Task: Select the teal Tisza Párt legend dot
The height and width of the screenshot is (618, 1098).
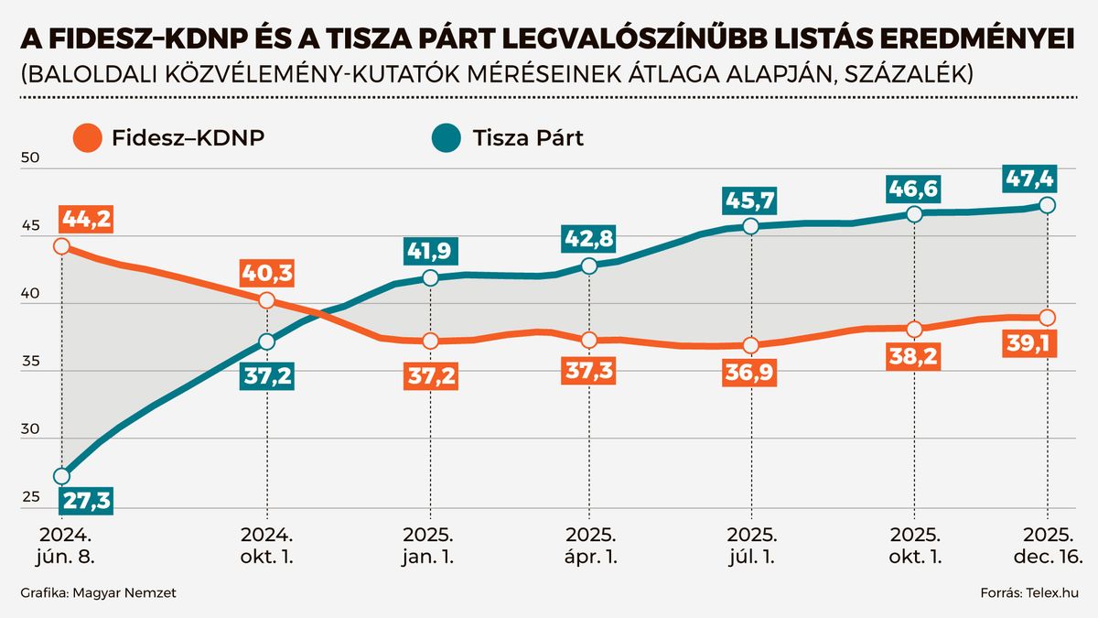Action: pos(447,139)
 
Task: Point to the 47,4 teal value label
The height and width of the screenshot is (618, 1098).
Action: pos(1049,176)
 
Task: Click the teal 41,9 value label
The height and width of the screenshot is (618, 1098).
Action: pos(430,249)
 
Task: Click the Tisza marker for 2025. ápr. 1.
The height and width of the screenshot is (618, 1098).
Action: pos(589,266)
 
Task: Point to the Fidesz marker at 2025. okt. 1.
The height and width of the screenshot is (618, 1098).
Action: pos(914,330)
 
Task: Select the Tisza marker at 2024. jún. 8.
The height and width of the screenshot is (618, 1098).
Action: pos(61,476)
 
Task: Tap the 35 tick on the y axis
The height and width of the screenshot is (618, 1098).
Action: pos(29,363)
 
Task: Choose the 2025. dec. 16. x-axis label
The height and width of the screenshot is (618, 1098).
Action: pos(1049,545)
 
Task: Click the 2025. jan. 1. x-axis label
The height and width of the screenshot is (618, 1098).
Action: pos(430,545)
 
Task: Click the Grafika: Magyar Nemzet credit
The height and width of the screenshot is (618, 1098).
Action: pos(98,594)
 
